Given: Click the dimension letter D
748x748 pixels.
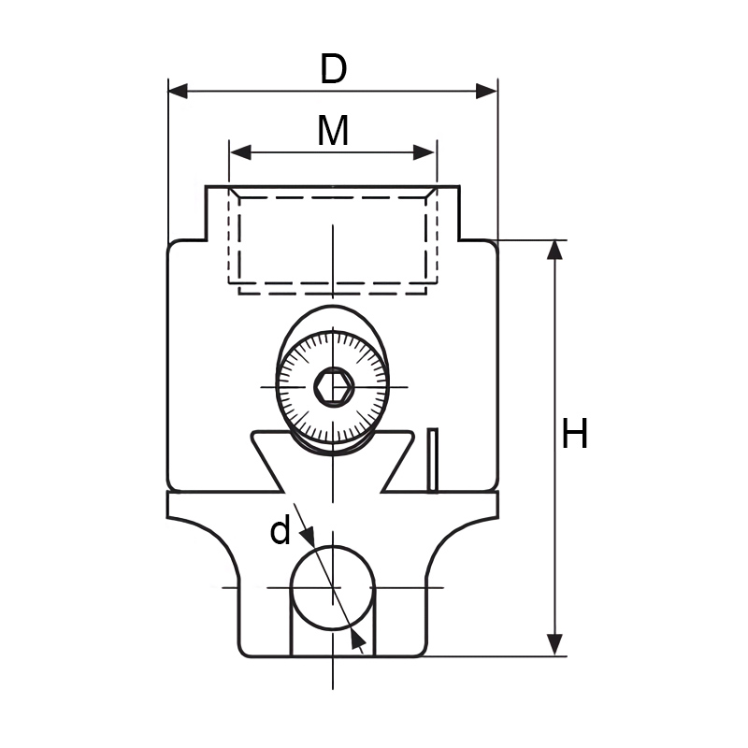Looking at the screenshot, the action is click(333, 68).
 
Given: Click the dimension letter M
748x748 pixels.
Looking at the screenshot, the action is click(333, 130).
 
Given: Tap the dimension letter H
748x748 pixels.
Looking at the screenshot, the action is click(574, 433).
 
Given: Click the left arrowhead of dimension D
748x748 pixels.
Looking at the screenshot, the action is click(178, 91).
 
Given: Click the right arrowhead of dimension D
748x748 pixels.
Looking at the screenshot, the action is click(486, 91).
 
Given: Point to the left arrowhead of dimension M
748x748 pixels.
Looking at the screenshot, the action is click(240, 152).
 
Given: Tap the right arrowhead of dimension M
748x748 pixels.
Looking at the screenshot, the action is click(424, 152).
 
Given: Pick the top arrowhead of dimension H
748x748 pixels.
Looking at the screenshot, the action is click(554, 250).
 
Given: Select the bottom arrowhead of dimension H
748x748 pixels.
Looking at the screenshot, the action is click(554, 645).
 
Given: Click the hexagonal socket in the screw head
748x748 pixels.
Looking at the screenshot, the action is click(334, 387).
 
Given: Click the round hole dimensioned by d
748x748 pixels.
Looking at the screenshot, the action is click(333, 588).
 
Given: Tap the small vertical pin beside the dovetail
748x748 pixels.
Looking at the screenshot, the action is click(432, 460).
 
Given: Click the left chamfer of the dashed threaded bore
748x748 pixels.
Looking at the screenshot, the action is click(234, 192).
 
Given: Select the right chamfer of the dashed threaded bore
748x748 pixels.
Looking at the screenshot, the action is click(432, 192).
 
